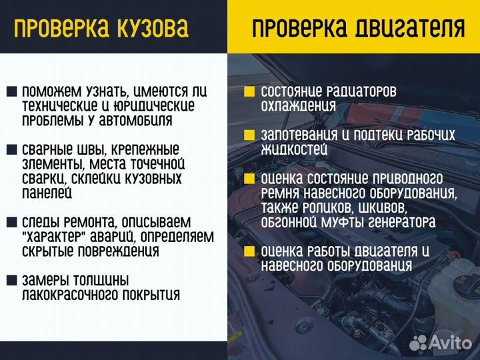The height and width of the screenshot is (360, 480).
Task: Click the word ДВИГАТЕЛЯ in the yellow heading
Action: click(x=411, y=28)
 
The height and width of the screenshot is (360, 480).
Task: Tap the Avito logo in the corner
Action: click(x=439, y=343)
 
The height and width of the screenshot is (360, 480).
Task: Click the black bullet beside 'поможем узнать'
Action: click(x=12, y=92)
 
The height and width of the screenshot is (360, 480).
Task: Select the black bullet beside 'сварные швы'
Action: click(x=12, y=150)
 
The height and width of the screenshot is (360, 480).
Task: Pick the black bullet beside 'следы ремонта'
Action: click(x=12, y=222)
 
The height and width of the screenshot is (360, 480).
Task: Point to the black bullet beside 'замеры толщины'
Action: click(x=12, y=281)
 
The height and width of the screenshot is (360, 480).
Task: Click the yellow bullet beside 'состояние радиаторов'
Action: click(x=249, y=92)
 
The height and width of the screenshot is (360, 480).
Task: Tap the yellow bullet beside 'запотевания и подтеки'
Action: click(x=249, y=135)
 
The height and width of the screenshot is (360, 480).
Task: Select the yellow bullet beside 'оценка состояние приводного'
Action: click(x=249, y=179)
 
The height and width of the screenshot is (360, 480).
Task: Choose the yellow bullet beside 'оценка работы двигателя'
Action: click(x=249, y=251)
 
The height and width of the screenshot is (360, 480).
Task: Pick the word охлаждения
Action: click(x=297, y=106)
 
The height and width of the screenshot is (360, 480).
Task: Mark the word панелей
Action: click(x=47, y=193)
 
